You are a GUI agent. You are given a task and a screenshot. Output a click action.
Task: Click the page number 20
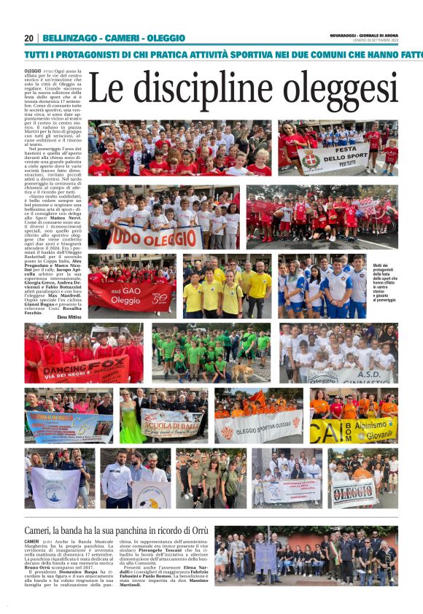[x=28, y=38]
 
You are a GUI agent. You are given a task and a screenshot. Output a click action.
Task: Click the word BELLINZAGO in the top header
[x=71, y=38]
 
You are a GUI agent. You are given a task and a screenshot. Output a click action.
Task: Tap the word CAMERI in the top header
[x=122, y=38]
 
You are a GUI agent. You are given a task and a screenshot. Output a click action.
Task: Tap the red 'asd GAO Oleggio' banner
[x=131, y=296]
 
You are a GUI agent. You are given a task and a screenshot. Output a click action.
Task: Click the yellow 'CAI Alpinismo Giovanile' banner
[x=353, y=430]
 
